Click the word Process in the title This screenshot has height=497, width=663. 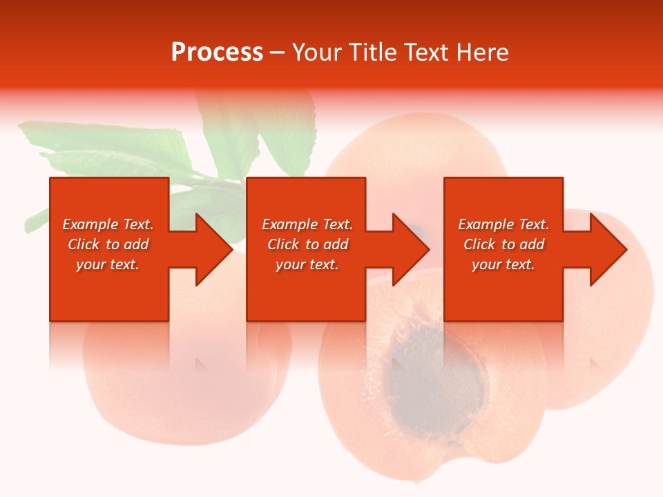tap(217, 52)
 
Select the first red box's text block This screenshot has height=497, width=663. tap(108, 244)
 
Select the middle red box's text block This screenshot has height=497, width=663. tap(307, 244)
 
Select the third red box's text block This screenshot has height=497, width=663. tap(503, 244)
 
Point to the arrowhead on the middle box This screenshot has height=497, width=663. tap(410, 249)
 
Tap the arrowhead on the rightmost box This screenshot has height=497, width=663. tap(608, 249)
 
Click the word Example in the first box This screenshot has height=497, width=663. tap(90, 224)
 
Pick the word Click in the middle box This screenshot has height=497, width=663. tap(282, 244)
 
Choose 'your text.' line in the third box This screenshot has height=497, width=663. tap(503, 264)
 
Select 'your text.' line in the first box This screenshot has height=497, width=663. tap(108, 264)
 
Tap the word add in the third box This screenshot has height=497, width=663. tap(532, 244)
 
